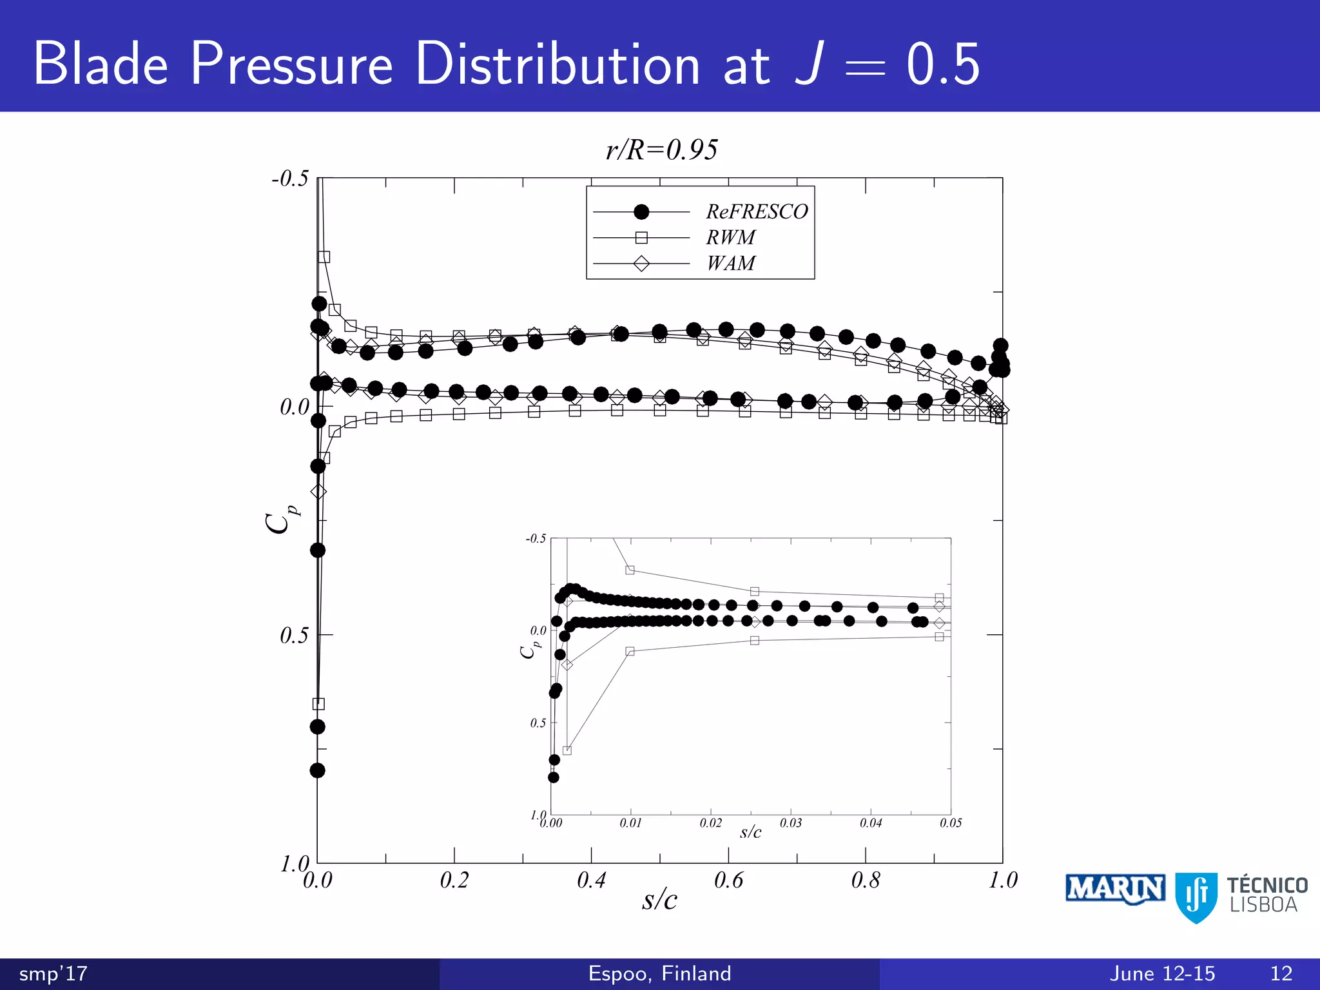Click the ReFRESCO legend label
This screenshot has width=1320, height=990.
pos(757,211)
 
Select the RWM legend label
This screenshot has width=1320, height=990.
pos(730,238)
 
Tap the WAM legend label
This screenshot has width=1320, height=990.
pos(730,264)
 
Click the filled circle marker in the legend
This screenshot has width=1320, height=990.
pos(641,212)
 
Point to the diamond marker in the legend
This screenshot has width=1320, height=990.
pos(641,264)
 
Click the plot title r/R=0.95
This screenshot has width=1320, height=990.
pos(661,150)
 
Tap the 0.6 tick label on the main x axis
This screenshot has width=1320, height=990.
pos(728,880)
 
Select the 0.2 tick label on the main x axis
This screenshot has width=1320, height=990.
pos(454,880)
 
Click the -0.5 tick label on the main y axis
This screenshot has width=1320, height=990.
pos(290,179)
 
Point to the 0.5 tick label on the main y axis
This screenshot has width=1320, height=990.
pos(294,636)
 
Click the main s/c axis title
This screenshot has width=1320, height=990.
pos(659,900)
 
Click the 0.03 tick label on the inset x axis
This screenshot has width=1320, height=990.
pos(791,823)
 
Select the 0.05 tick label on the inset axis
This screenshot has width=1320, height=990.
pos(951,823)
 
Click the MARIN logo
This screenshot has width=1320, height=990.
pos(1114,889)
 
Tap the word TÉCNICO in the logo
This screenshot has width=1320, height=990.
pos(1267,885)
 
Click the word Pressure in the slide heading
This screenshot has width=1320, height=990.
pos(291,64)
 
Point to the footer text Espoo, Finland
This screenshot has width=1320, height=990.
pos(659,973)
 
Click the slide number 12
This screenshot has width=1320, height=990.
pos(1281,973)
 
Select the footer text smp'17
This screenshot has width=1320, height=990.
pos(53,973)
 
